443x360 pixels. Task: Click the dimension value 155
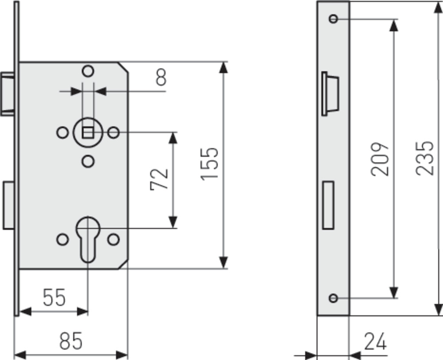click(210, 164)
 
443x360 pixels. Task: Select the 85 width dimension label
click(71, 341)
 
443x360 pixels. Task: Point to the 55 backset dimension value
click(54, 297)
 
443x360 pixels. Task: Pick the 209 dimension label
click(380, 159)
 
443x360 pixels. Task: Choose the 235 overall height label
click(424, 158)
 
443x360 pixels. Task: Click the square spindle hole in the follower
click(88, 132)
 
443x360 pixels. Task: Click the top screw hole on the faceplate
click(334, 19)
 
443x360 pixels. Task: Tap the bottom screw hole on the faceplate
click(334, 298)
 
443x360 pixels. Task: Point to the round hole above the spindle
click(88, 71)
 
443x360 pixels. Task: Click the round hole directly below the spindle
click(88, 161)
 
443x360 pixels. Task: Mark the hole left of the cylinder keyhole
click(62, 240)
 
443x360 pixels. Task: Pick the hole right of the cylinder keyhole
click(113, 240)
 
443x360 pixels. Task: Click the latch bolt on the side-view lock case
click(8, 94)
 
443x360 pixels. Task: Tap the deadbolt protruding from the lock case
click(9, 205)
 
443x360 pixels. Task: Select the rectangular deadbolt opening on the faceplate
click(328, 205)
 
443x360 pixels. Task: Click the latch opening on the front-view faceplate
click(330, 94)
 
